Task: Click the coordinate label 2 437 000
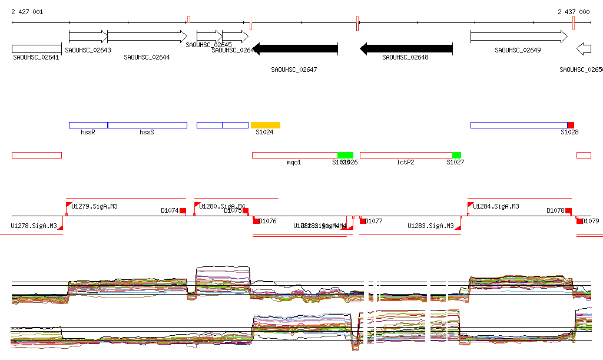pos(574,12)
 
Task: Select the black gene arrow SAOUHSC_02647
pos(295,49)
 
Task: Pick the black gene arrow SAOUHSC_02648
pos(406,49)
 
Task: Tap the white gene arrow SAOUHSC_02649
pos(518,37)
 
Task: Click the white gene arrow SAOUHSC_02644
pos(147,37)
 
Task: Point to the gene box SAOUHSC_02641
pos(37,49)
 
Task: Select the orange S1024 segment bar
pos(265,125)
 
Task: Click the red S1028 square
pos(571,125)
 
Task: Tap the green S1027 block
pos(456,155)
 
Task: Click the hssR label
pos(88,133)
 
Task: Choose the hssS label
pos(147,133)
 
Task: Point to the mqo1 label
pos(294,162)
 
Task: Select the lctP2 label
pos(406,162)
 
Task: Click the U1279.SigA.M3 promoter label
pos(94,206)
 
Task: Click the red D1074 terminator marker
pos(183,210)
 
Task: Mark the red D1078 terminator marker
pos(568,210)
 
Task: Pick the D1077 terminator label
pos(374,222)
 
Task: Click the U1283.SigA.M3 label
pos(430,226)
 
